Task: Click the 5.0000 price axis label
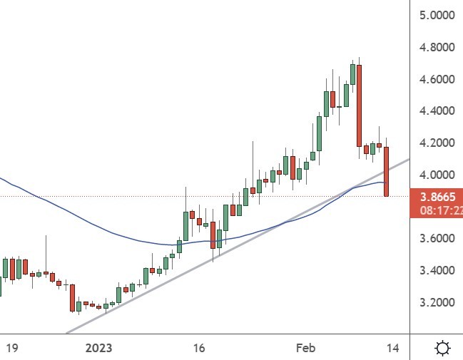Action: point(437,15)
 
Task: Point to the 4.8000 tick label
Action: point(437,47)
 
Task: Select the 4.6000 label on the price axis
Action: point(437,79)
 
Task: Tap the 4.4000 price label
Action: point(437,111)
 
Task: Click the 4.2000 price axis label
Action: point(437,143)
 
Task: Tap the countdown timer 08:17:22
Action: point(437,212)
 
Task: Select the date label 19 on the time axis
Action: point(11,348)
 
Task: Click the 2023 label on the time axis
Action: point(98,348)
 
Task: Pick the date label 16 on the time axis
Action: point(199,348)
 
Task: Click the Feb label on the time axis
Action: point(305,348)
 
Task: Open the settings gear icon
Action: point(442,348)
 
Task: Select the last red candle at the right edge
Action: point(386,171)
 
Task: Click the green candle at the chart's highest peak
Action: point(352,74)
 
